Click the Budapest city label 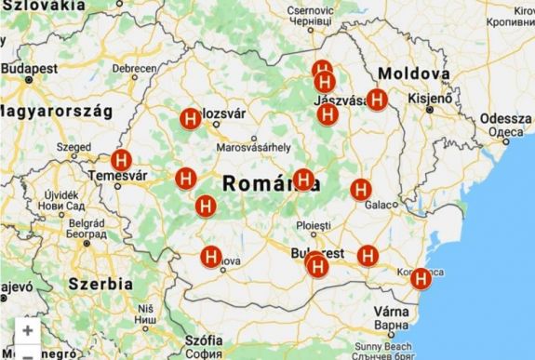29,69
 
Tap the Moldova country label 413,73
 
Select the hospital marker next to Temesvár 121,160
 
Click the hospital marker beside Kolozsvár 190,119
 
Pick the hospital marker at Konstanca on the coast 421,277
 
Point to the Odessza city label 506,120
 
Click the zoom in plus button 28,330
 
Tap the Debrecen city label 136,69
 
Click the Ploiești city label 313,226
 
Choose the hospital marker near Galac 361,190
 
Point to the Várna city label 390,313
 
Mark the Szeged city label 74,146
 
